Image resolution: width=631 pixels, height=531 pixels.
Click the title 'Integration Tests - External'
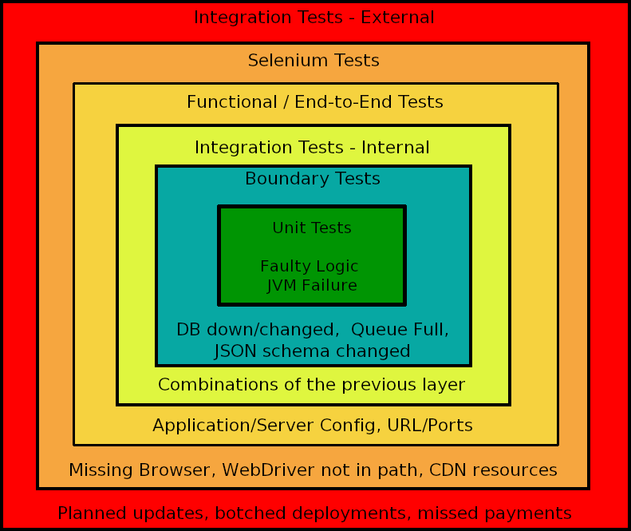[x=314, y=18]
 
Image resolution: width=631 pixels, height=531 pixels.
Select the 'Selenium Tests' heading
[x=314, y=61]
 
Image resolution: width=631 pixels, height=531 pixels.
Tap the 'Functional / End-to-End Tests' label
[x=315, y=102]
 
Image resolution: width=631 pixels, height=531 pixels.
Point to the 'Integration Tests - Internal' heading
[x=312, y=148]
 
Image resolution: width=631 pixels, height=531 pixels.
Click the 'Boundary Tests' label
[x=313, y=179]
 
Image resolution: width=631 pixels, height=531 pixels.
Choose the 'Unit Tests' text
[x=312, y=228]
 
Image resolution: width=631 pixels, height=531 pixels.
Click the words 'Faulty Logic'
[x=310, y=267]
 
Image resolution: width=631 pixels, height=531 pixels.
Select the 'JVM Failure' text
[x=312, y=286]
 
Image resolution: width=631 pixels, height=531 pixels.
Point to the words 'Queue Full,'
[x=400, y=330]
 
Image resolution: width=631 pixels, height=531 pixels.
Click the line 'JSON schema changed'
[x=313, y=351]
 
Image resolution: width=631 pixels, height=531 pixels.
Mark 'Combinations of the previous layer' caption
[x=311, y=385]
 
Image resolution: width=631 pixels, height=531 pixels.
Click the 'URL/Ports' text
[x=431, y=426]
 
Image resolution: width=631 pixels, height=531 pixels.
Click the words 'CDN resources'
[x=493, y=470]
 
